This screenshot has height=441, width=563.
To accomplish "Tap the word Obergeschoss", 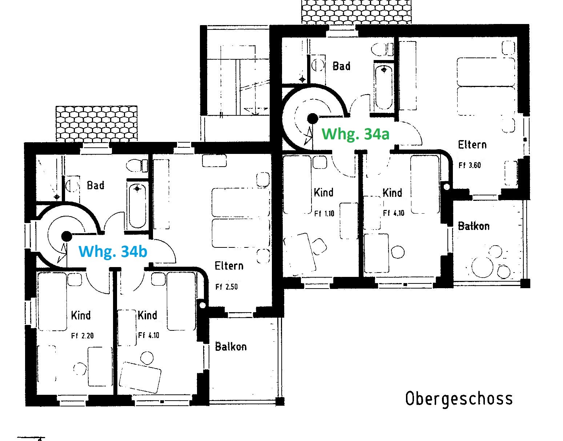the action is coord(459,399).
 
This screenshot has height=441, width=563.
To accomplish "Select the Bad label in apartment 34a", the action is coord(342,66).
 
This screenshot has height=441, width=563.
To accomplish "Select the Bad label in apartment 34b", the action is coord(96,185).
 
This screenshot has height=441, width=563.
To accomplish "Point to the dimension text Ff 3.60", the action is coord(470,165).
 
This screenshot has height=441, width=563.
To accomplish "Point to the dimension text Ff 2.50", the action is coord(226,287).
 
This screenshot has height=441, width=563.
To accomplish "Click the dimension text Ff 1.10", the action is coord(324,214).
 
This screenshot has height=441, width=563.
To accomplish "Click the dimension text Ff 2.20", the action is coord(82,336).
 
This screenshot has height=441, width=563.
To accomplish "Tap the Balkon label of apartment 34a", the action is coord(474,226).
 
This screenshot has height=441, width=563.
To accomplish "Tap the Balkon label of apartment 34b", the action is coord(230,347).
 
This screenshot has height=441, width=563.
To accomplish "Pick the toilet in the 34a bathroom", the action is coord(382,49).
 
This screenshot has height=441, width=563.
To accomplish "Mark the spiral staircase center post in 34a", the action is coord(313,119).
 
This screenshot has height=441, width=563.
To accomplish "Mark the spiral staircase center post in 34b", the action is coord(67,236).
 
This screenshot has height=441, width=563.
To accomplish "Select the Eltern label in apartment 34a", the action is coord(472,145).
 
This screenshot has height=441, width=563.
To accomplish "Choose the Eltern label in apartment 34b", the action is coord(229,266).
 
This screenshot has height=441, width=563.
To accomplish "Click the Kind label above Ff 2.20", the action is coord(81,315).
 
